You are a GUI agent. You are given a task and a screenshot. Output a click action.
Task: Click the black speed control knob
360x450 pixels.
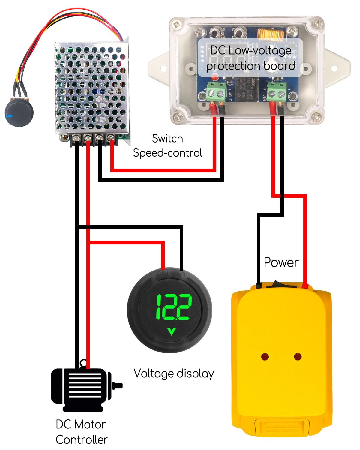(19, 113)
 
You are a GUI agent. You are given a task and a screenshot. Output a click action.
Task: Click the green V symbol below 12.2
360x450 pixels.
(171, 331)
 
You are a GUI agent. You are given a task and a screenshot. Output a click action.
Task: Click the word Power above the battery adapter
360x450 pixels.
(281, 262)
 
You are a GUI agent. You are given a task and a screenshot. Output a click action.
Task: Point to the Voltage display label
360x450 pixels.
(173, 373)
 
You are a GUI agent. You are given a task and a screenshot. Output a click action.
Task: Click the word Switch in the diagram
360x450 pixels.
(167, 139)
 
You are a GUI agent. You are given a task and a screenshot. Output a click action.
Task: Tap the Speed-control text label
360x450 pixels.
(167, 153)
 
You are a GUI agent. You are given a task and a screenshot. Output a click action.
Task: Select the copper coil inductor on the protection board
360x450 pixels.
(271, 35)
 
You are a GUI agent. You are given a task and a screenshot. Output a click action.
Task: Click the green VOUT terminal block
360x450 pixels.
(216, 91)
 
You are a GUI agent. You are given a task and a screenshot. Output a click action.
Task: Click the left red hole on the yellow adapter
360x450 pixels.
(265, 357)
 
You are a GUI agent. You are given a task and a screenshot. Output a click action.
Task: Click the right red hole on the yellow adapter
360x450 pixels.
(298, 357)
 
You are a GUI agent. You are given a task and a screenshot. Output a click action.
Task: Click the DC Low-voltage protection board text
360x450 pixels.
(250, 58)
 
